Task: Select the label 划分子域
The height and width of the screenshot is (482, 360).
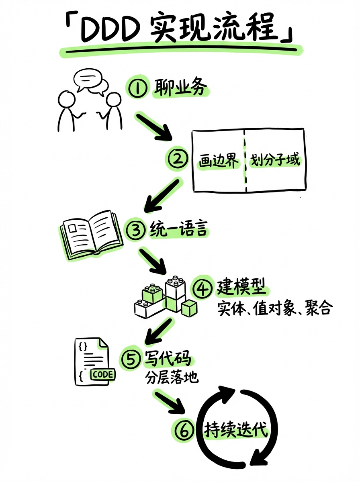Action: click(275, 160)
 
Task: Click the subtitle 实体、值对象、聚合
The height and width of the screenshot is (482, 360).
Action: click(275, 308)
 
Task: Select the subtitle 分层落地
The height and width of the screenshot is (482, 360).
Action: click(172, 378)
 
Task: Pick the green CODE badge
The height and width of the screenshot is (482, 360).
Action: click(103, 374)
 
